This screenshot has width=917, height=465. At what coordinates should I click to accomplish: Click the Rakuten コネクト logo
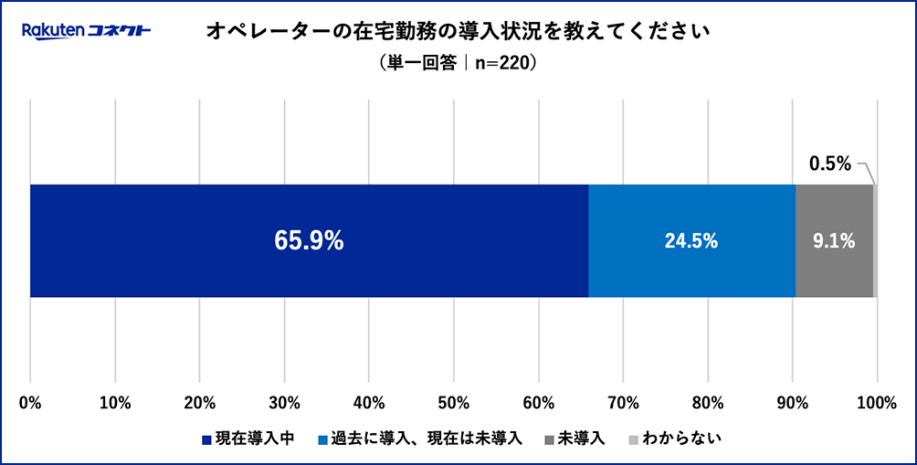coord(86,32)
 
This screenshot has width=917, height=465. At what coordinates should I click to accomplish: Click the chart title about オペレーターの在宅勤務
coord(458,32)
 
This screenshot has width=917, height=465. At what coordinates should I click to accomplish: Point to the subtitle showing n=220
coord(458,65)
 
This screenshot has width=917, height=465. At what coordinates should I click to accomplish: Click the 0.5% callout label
coord(829,164)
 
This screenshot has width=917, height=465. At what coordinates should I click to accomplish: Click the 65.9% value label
coord(309,241)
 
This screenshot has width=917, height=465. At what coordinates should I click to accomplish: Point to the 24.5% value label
coord(691,241)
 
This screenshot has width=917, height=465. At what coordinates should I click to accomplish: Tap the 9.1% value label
coord(834,241)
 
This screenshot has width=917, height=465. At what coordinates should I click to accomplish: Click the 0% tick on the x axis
coord(30,401)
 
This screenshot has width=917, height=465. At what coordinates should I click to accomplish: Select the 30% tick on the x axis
coord(284,401)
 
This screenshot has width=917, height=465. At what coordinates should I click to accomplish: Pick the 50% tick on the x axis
coord(454,401)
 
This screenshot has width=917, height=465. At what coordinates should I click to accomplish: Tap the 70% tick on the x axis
coord(623,401)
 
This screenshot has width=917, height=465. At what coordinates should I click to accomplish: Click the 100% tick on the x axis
coord(878,401)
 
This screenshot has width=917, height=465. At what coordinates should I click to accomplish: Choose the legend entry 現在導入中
coord(248,438)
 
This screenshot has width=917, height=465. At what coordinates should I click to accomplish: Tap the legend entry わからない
coord(675,438)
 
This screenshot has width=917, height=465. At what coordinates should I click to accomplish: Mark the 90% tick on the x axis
coord(792,401)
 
